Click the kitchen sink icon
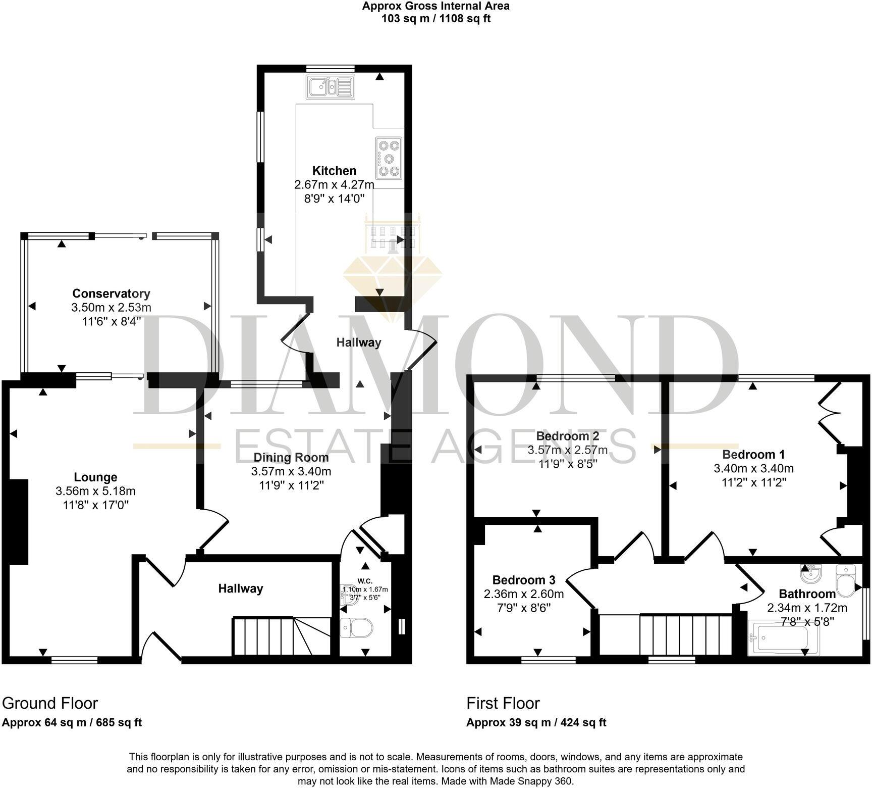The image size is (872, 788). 331,86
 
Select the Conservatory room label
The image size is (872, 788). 111,293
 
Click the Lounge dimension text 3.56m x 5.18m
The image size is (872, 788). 95,491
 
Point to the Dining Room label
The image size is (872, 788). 291,458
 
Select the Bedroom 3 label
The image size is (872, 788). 523,580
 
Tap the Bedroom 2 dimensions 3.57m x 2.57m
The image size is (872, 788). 567,450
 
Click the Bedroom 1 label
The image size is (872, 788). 753,454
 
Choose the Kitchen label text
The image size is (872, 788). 334,171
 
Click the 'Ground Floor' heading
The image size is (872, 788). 50,703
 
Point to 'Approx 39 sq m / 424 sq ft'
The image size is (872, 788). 536,722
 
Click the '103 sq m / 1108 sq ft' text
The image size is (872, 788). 435,19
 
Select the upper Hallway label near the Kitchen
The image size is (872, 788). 359,342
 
